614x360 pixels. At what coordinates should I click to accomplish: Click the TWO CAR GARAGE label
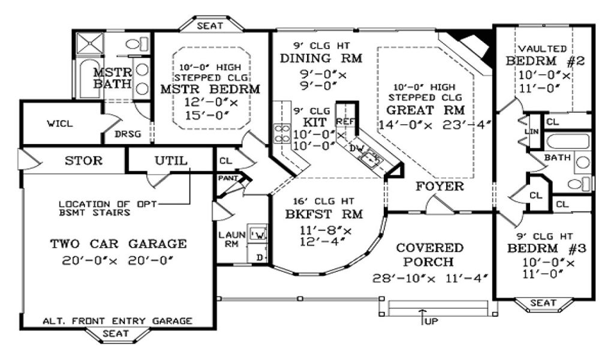[x=118, y=244]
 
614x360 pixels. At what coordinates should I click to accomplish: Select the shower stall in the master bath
[x=90, y=43]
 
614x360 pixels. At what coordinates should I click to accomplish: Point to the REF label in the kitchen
[x=345, y=121]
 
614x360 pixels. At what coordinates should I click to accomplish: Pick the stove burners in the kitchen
[x=282, y=133]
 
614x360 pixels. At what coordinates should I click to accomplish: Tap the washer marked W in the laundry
[x=258, y=234]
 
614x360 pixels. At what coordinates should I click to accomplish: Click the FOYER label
[x=440, y=187]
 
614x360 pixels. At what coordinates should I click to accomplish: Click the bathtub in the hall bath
[x=568, y=142]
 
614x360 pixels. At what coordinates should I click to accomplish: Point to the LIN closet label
[x=531, y=131]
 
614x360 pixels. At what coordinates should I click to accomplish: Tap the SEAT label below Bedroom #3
[x=543, y=303]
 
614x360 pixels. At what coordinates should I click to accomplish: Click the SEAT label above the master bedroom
[x=210, y=26]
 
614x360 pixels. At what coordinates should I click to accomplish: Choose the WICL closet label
[x=60, y=124]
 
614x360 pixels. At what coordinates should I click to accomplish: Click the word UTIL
[x=171, y=161]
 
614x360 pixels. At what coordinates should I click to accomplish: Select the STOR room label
[x=83, y=161]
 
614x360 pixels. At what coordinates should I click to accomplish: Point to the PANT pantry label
[x=228, y=178]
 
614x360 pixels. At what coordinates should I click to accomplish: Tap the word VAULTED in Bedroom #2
[x=542, y=49]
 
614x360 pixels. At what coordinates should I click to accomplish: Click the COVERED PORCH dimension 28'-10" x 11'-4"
[x=429, y=278]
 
